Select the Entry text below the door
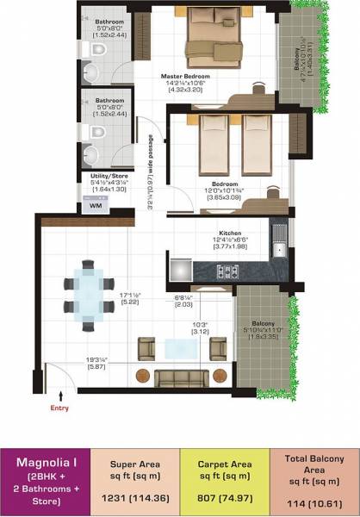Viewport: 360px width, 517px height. pos(59,408)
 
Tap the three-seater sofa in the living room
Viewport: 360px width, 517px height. pos(181,376)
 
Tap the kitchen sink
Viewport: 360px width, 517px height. pos(279,252)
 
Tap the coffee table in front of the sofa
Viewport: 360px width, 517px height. pos(182,346)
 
